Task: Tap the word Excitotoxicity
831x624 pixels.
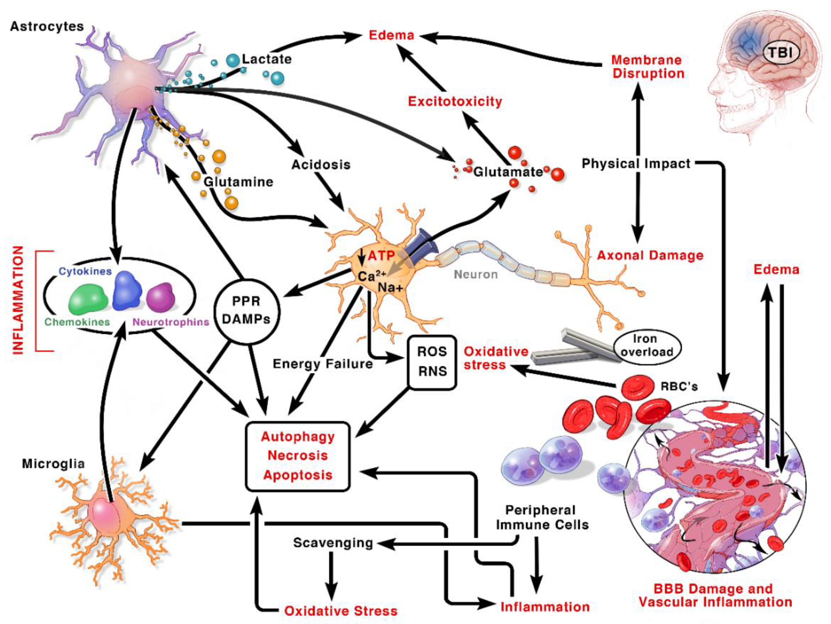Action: coord(455,102)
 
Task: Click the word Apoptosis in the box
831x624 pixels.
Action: coord(298,475)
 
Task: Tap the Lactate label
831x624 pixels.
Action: coord(267,59)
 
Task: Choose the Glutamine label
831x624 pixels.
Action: coord(238,182)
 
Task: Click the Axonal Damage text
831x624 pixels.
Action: coord(650,255)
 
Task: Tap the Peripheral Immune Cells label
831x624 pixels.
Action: coord(542,517)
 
